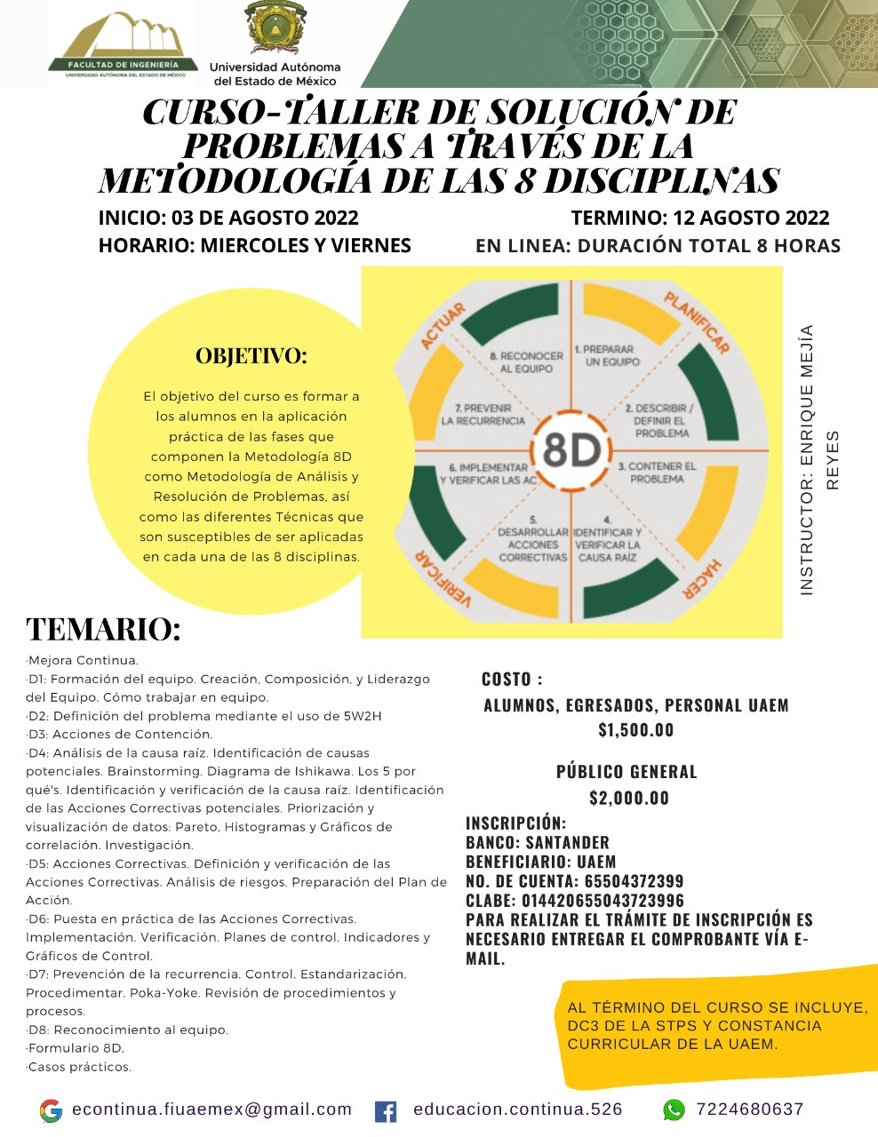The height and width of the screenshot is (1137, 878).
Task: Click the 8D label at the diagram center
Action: [x=571, y=450]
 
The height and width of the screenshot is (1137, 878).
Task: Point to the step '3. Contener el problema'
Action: [x=657, y=473]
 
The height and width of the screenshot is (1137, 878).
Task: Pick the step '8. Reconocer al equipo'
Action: [x=526, y=362]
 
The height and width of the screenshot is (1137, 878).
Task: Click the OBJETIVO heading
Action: [x=251, y=356]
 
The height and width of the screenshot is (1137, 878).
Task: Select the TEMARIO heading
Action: [x=103, y=629]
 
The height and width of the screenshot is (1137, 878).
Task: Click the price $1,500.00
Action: [x=635, y=730]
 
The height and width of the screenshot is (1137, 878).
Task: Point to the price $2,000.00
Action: [x=629, y=798]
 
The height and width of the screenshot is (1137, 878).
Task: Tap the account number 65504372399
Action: [x=634, y=881]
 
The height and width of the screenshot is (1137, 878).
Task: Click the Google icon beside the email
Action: [x=52, y=1110]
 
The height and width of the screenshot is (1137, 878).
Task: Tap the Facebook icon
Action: [x=386, y=1110]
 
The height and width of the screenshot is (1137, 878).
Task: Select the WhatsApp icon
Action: [x=674, y=1109]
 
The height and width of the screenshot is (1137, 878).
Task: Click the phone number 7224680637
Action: [x=750, y=1109]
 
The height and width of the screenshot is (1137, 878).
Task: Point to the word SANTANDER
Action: [x=567, y=842]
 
